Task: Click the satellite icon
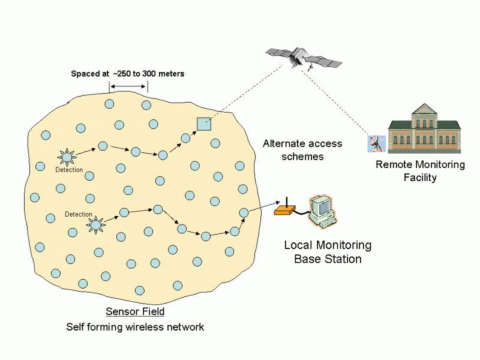point(304,58)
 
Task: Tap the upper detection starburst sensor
point(66,157)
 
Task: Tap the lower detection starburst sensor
point(95,224)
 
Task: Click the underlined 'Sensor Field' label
point(135,312)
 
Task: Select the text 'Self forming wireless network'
point(135,327)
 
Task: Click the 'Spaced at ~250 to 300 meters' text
point(128,74)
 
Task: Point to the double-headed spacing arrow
point(128,88)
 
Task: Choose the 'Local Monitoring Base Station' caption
point(328,252)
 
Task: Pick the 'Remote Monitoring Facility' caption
point(420,171)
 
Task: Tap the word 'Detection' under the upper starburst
point(69,170)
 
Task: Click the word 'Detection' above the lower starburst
point(79,214)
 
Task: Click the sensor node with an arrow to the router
point(244,212)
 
